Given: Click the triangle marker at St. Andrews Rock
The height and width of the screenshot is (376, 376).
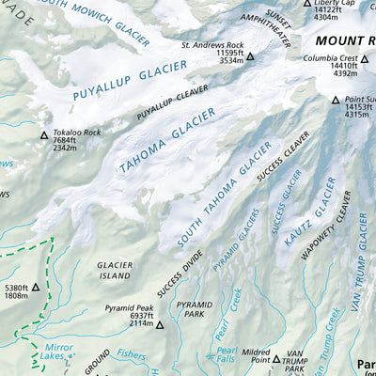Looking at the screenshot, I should pyautogui.click(x=251, y=57).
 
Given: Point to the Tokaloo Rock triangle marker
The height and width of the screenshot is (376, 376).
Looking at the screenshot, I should pyautogui.click(x=43, y=136).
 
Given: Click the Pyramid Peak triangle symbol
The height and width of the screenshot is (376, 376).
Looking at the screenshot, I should pyautogui.click(x=159, y=325).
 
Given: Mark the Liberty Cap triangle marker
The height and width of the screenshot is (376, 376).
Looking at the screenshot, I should pyautogui.click(x=305, y=4).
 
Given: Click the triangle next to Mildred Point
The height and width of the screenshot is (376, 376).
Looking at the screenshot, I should pyautogui.click(x=276, y=359).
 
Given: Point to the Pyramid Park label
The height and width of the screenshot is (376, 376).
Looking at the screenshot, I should pyautogui.click(x=195, y=311).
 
